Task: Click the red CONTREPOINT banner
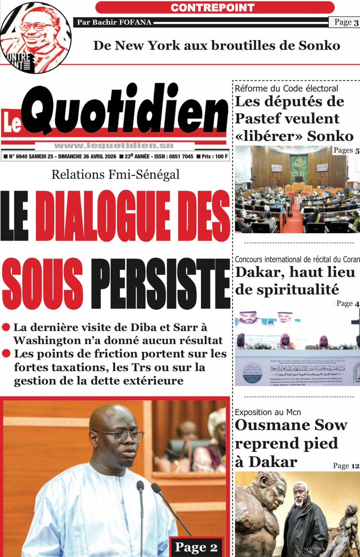[215, 7]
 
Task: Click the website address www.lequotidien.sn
[114, 146]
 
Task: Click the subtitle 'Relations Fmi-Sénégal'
[115, 175]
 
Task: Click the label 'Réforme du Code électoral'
[287, 89]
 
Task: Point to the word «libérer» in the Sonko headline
[269, 136]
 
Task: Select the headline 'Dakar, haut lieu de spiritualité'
[295, 281]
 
